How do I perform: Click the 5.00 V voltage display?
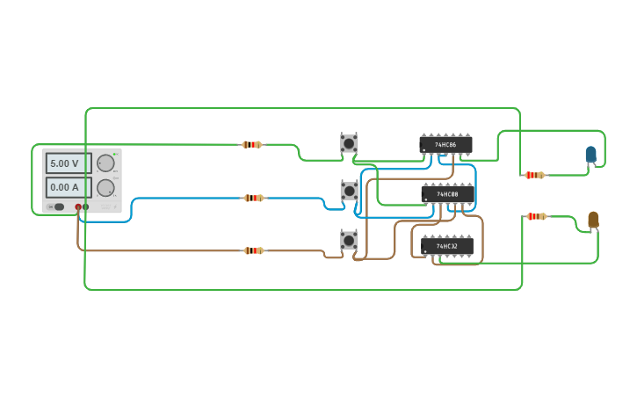pyautogui.click(x=68, y=163)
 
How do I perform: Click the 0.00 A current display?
pyautogui.click(x=68, y=187)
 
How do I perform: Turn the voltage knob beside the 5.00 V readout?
pyautogui.click(x=105, y=163)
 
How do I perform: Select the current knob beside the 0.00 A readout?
pyautogui.click(x=105, y=187)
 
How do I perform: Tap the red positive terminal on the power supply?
pyautogui.click(x=78, y=206)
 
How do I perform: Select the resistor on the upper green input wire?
pyautogui.click(x=252, y=144)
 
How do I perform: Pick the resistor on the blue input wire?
pyautogui.click(x=254, y=198)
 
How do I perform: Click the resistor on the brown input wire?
pyautogui.click(x=254, y=250)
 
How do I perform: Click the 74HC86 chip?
pyautogui.click(x=445, y=144)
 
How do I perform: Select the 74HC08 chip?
pyautogui.click(x=447, y=193)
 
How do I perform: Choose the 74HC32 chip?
pyautogui.click(x=447, y=246)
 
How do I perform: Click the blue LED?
pyautogui.click(x=590, y=155)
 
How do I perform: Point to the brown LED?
pyautogui.click(x=593, y=219)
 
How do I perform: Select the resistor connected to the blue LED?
pyautogui.click(x=534, y=175)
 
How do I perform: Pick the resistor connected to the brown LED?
pyautogui.click(x=536, y=216)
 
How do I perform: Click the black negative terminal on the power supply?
pyautogui.click(x=86, y=206)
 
